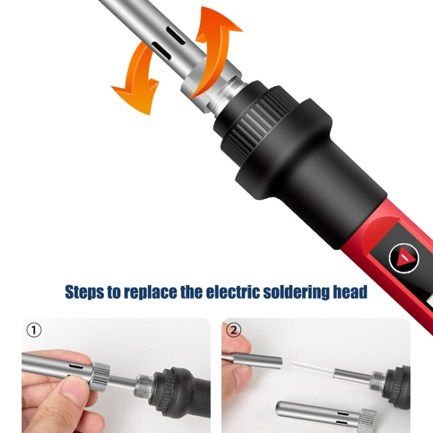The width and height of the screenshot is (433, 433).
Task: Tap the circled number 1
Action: point(35,330)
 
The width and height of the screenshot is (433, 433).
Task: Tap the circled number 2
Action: point(233,330)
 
